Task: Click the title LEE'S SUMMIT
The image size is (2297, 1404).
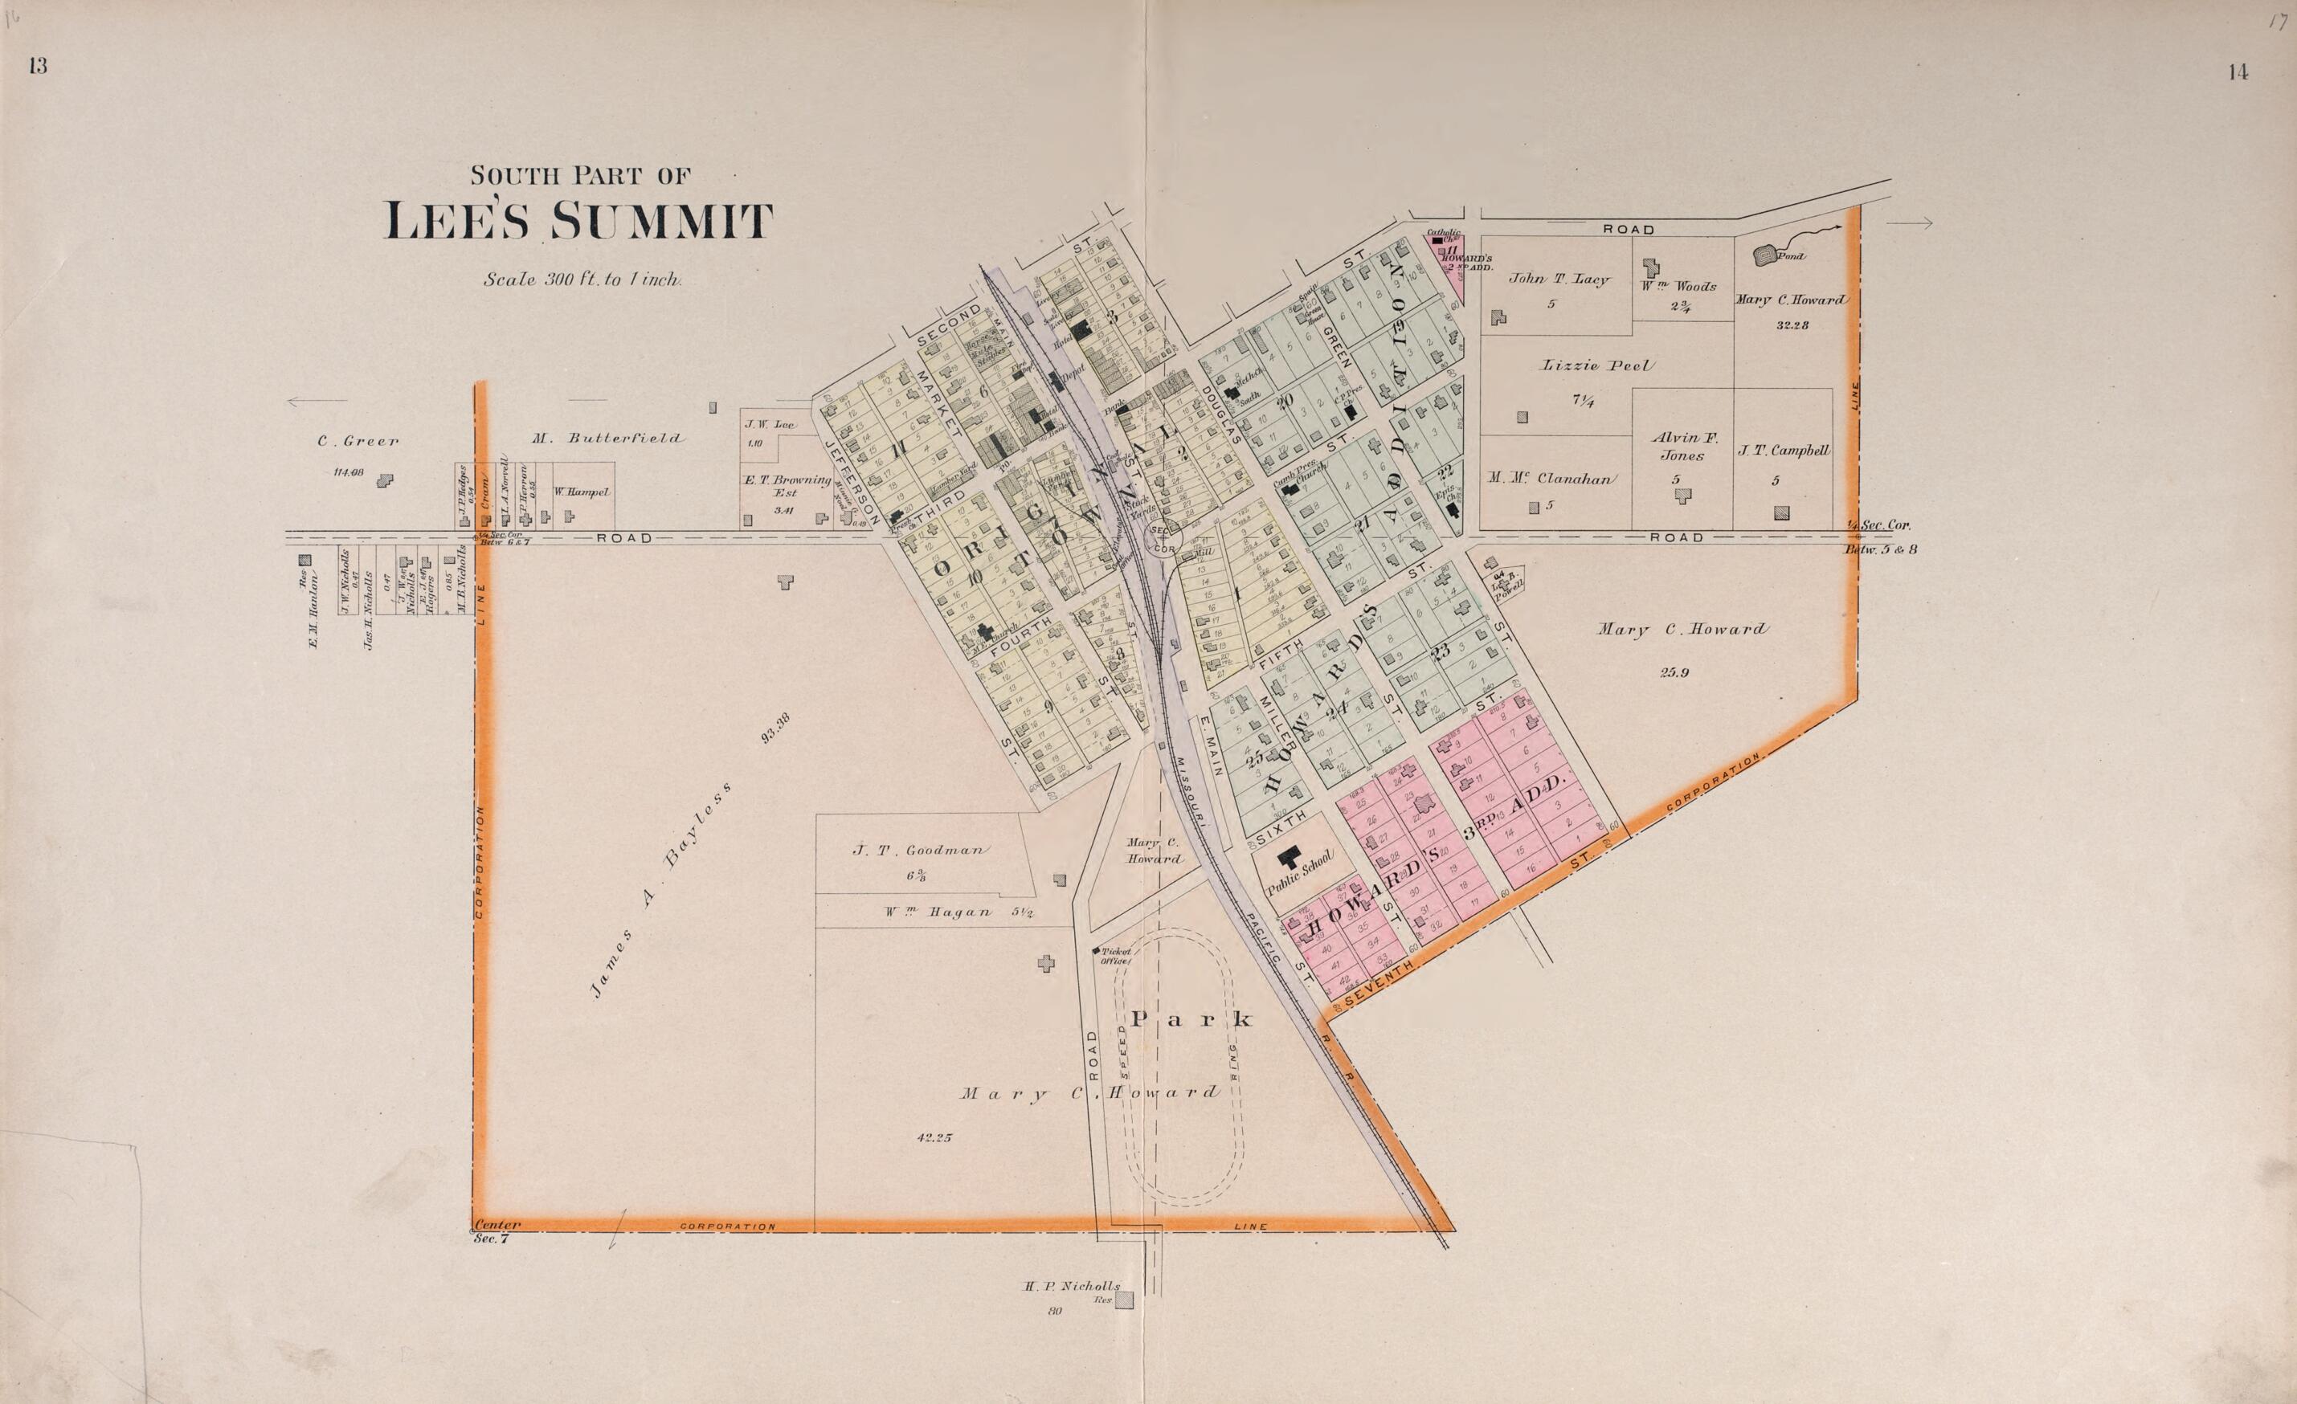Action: click(x=579, y=221)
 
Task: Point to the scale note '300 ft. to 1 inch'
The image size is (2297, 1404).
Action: click(x=582, y=279)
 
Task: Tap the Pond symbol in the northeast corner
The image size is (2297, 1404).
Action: click(x=1764, y=254)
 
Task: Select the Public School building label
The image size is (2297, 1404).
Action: click(x=1302, y=874)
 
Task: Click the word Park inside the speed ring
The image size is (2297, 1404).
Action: click(x=1191, y=1019)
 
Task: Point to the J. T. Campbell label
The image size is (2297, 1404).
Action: click(x=1784, y=451)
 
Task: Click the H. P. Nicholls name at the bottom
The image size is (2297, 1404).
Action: click(x=1071, y=1286)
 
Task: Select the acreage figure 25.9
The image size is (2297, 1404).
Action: click(x=1674, y=672)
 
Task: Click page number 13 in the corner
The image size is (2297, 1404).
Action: click(x=39, y=65)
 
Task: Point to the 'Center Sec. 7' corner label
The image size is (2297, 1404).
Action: click(x=495, y=1231)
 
